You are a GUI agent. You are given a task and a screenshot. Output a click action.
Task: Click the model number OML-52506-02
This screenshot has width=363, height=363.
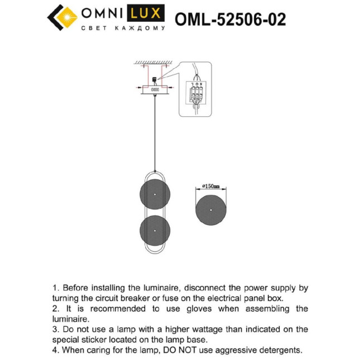(x=230, y=20)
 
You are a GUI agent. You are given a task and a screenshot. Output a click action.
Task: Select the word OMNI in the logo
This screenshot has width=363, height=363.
(x=103, y=13)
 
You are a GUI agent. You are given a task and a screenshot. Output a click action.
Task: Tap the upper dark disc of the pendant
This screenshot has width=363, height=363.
(x=155, y=193)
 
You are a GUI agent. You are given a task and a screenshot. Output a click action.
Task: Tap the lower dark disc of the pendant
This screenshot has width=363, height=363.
(x=155, y=231)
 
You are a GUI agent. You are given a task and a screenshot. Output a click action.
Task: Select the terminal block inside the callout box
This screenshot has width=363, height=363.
(x=197, y=93)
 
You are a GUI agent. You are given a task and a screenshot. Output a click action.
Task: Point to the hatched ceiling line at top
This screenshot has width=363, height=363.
(x=155, y=62)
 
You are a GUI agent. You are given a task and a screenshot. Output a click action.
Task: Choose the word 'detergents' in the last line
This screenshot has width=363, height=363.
(x=280, y=350)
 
